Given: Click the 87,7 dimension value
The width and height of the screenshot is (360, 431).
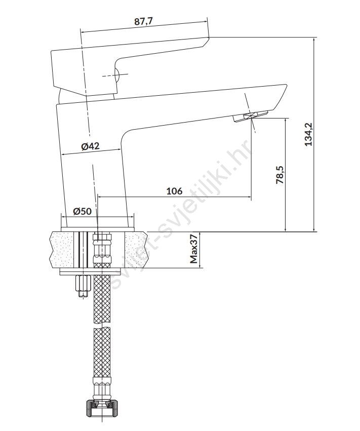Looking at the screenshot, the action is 143,21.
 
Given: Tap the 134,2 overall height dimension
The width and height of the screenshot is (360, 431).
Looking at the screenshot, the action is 309,134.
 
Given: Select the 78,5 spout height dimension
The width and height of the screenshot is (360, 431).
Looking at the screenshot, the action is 280,175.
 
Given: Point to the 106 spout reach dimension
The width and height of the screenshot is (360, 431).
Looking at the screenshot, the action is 175,191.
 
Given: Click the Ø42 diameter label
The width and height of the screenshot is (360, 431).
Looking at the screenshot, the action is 91,146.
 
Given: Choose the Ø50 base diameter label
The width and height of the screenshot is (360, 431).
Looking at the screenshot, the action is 82,211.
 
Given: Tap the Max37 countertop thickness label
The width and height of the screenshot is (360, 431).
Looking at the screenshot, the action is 194,249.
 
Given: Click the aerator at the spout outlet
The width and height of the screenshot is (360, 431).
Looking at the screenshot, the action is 250,115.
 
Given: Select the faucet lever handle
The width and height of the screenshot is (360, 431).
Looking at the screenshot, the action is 130,67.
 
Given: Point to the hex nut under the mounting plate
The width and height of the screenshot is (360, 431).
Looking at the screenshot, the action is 83,285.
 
